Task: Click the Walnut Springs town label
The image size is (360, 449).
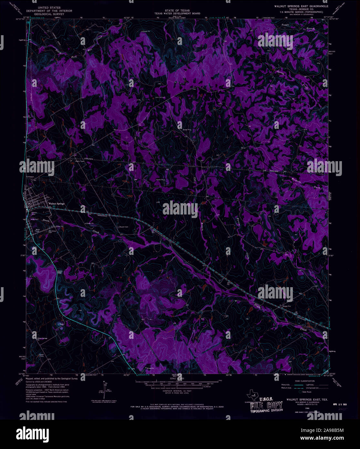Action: coord(57,204)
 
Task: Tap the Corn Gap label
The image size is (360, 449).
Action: coord(59,272)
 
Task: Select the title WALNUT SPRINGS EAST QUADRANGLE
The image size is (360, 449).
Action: coord(301,6)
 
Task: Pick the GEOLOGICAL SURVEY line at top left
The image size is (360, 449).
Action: coord(49,14)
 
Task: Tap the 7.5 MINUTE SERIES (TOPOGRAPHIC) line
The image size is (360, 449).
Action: coord(301,12)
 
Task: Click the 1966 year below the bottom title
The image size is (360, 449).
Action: coord(302,408)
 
